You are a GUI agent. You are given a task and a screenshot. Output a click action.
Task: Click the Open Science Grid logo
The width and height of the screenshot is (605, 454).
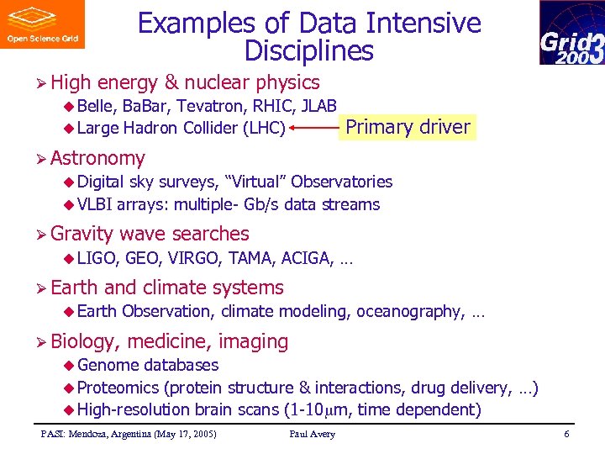point(43,24)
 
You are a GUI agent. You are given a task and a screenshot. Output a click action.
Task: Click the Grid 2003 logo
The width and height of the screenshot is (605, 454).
point(571,33)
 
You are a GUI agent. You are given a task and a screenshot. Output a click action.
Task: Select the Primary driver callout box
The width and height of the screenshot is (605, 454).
point(408,127)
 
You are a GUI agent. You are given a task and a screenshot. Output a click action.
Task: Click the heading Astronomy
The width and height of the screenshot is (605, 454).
point(97,158)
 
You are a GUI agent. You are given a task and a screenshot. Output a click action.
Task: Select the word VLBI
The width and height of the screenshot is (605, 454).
point(95,204)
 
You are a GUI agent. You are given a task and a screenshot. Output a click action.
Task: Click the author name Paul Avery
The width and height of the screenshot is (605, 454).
point(312,434)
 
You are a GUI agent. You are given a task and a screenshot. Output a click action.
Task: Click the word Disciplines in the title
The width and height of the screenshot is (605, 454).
point(308,51)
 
